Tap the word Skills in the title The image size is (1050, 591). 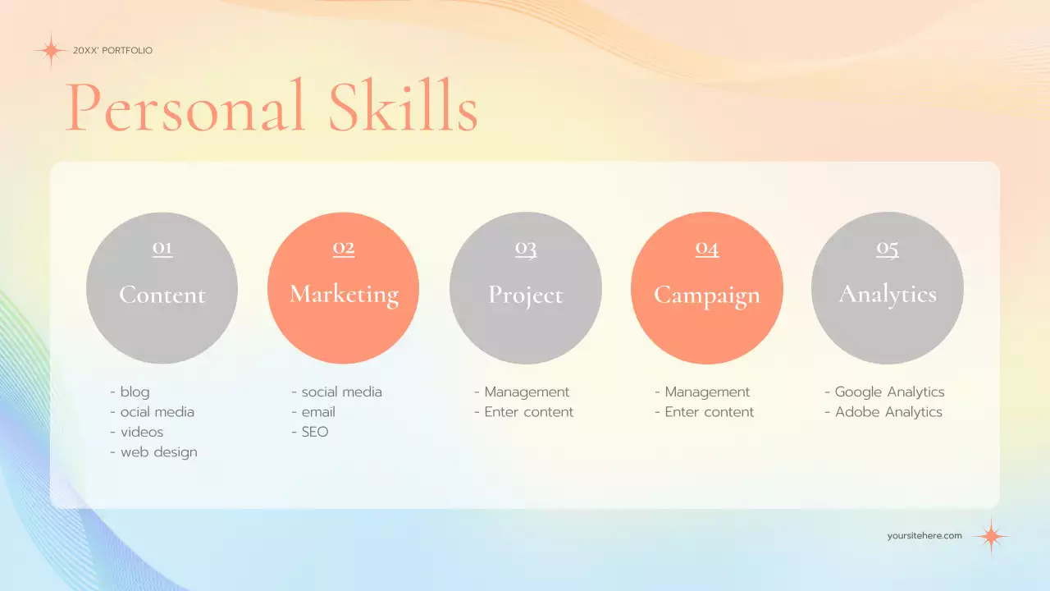point(403,107)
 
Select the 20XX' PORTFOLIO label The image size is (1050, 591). point(112,51)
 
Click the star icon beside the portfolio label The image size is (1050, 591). point(51,51)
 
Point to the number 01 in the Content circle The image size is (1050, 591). point(162,248)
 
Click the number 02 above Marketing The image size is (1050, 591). point(344,248)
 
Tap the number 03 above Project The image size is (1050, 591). point(526,248)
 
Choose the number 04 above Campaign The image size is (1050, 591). point(707,248)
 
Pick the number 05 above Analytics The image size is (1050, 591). point(888,248)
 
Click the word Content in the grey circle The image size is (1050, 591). point(162,295)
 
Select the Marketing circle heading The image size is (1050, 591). point(344,295)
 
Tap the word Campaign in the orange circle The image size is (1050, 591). point(707,295)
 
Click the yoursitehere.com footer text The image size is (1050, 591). point(924,536)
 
